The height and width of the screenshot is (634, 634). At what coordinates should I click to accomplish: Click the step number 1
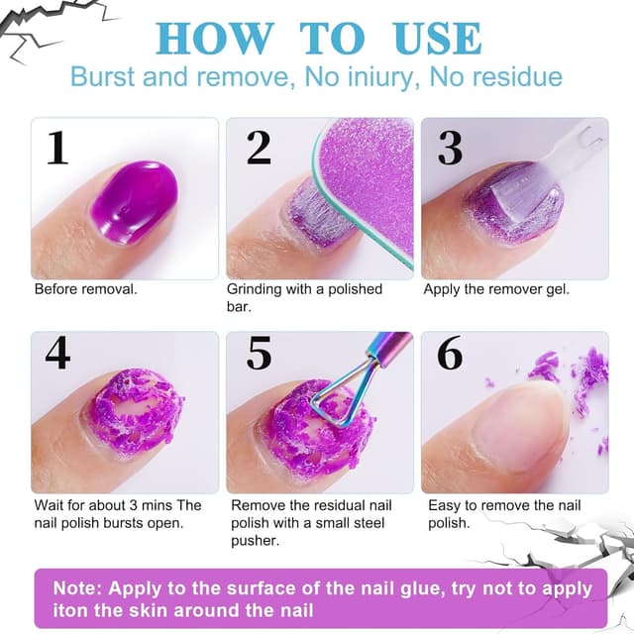[x=58, y=148]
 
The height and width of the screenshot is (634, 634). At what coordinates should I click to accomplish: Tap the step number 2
[x=259, y=148]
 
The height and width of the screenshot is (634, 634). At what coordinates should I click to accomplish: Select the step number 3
[x=450, y=148]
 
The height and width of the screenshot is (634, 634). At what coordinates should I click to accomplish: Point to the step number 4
[x=57, y=353]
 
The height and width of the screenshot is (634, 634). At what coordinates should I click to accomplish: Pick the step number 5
[x=259, y=353]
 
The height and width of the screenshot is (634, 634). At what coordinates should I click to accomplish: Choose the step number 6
[x=450, y=353]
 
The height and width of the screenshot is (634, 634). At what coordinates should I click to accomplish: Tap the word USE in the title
[x=438, y=39]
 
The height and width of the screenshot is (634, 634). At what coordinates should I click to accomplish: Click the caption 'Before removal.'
[x=86, y=289]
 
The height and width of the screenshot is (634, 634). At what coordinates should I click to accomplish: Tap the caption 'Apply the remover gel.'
[x=496, y=289]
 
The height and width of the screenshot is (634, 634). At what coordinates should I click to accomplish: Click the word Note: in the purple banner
[x=77, y=587]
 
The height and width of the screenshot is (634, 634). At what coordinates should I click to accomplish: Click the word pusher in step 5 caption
[x=256, y=541]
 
